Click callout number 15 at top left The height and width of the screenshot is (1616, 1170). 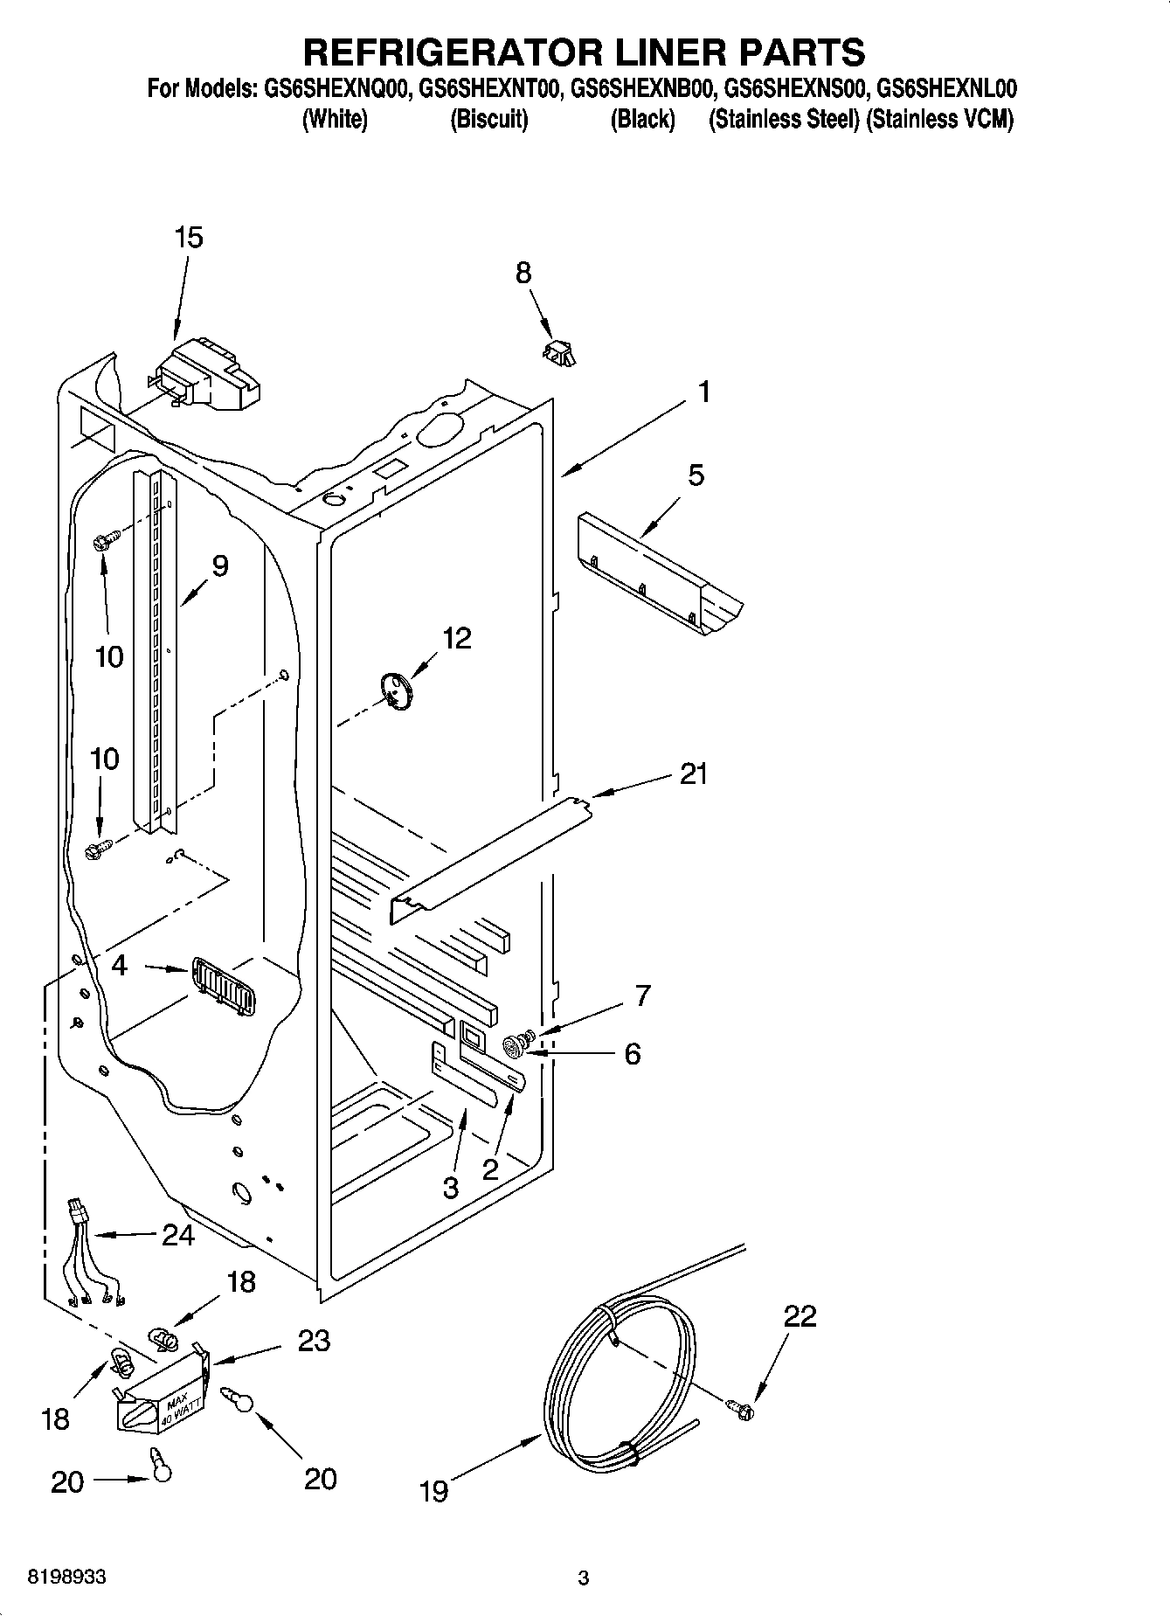[x=188, y=237]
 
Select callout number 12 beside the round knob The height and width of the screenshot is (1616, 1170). [x=456, y=638]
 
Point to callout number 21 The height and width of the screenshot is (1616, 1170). [x=694, y=774]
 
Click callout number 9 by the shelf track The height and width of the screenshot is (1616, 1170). [x=219, y=566]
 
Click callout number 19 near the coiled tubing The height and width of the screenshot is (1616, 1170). [x=433, y=1490]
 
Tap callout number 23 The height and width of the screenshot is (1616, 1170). [x=314, y=1341]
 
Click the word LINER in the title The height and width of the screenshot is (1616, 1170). [x=647, y=52]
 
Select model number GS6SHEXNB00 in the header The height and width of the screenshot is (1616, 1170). [x=643, y=88]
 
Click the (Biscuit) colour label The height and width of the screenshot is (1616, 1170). [x=488, y=120]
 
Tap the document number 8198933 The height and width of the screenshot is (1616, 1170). [x=67, y=1577]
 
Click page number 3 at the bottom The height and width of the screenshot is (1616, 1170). [x=584, y=1578]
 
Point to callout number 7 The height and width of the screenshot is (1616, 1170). [x=642, y=995]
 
